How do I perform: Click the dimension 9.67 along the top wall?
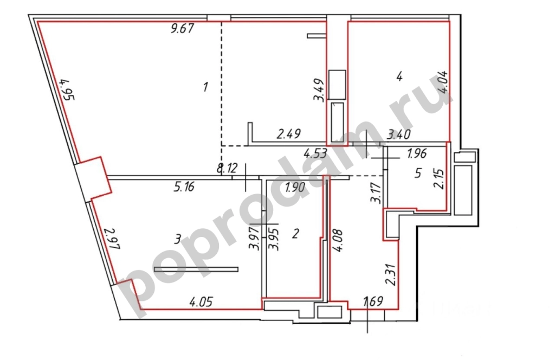pyautogui.click(x=182, y=28)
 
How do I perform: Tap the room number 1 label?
pyautogui.click(x=205, y=87)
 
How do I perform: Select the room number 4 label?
pyautogui.click(x=399, y=76)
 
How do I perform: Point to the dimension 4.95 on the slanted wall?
pyautogui.click(x=67, y=89)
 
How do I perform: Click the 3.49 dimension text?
pyautogui.click(x=319, y=90)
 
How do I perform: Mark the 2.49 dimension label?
pyautogui.click(x=288, y=134)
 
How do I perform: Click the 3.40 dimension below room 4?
pyautogui.click(x=399, y=134)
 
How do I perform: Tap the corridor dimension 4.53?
pyautogui.click(x=315, y=153)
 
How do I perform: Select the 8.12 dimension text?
pyautogui.click(x=227, y=168)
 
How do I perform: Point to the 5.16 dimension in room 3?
pyautogui.click(x=184, y=187)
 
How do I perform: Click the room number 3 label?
pyautogui.click(x=177, y=239)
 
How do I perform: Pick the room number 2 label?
pyautogui.click(x=295, y=234)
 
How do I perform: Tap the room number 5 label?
pyautogui.click(x=418, y=173)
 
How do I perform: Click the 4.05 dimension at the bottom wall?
pyautogui.click(x=201, y=302)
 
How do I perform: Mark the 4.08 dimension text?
pyautogui.click(x=338, y=240)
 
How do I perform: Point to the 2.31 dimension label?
pyautogui.click(x=391, y=275)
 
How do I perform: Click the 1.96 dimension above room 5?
pyautogui.click(x=417, y=153)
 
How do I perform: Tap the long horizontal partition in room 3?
pyautogui.click(x=196, y=269)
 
